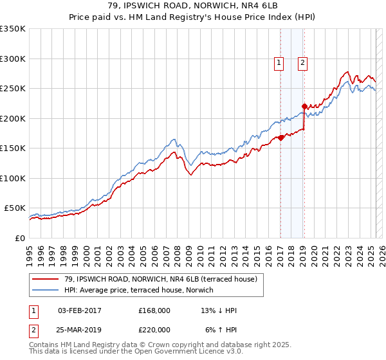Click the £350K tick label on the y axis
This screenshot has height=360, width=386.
13,29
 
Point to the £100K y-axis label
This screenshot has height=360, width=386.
13,178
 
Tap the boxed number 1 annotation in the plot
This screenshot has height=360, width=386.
279,62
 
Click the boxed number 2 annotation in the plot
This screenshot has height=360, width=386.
302,62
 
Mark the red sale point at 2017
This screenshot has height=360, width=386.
281,138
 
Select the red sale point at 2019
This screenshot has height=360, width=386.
304,106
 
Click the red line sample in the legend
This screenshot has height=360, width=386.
46,279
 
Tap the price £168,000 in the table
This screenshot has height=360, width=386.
154,310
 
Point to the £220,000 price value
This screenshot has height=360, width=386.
154,330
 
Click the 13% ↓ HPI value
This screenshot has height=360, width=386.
219,310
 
